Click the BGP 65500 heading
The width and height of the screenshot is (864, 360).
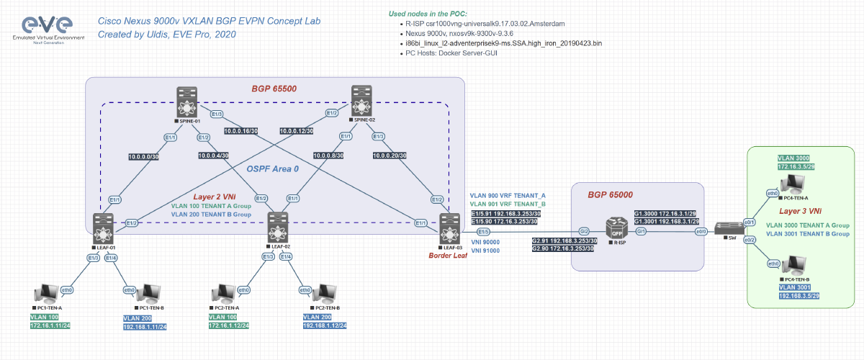point(273,89)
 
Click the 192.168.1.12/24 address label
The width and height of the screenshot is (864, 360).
point(325,325)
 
